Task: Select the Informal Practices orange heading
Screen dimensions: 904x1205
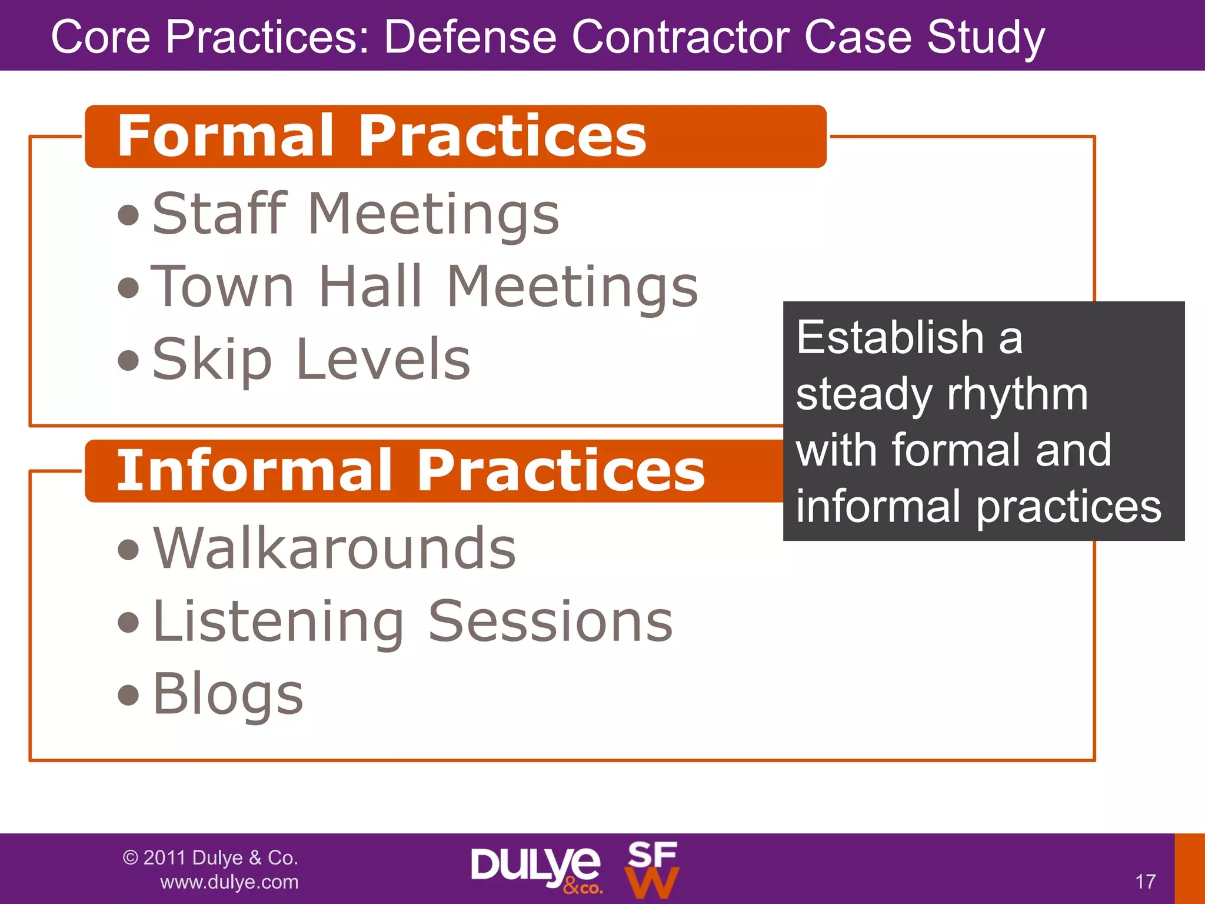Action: pyautogui.click(x=411, y=470)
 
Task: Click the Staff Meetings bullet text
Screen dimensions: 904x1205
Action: pyautogui.click(x=355, y=214)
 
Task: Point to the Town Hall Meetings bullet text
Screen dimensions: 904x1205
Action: pyautogui.click(x=425, y=287)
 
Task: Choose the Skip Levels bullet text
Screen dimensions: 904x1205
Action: pyautogui.click(x=312, y=359)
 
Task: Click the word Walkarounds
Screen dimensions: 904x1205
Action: pyautogui.click(x=334, y=549)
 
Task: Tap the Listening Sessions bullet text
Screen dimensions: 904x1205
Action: pyautogui.click(x=412, y=621)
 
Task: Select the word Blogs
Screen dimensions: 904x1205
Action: pyautogui.click(x=228, y=694)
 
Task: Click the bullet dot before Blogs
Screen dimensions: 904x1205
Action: pyautogui.click(x=128, y=695)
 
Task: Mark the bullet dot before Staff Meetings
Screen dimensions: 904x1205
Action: pyautogui.click(x=128, y=215)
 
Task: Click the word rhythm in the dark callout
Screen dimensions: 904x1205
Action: pyautogui.click(x=1017, y=394)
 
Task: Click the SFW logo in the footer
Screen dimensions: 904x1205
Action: pyautogui.click(x=652, y=869)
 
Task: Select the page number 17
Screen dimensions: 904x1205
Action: pyautogui.click(x=1145, y=882)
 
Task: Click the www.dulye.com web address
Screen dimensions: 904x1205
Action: pyautogui.click(x=229, y=882)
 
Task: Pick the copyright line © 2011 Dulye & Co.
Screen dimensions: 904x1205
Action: pyautogui.click(x=211, y=858)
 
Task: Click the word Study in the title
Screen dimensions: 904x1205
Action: pyautogui.click(x=986, y=37)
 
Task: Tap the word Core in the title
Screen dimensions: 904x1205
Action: pyautogui.click(x=101, y=37)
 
